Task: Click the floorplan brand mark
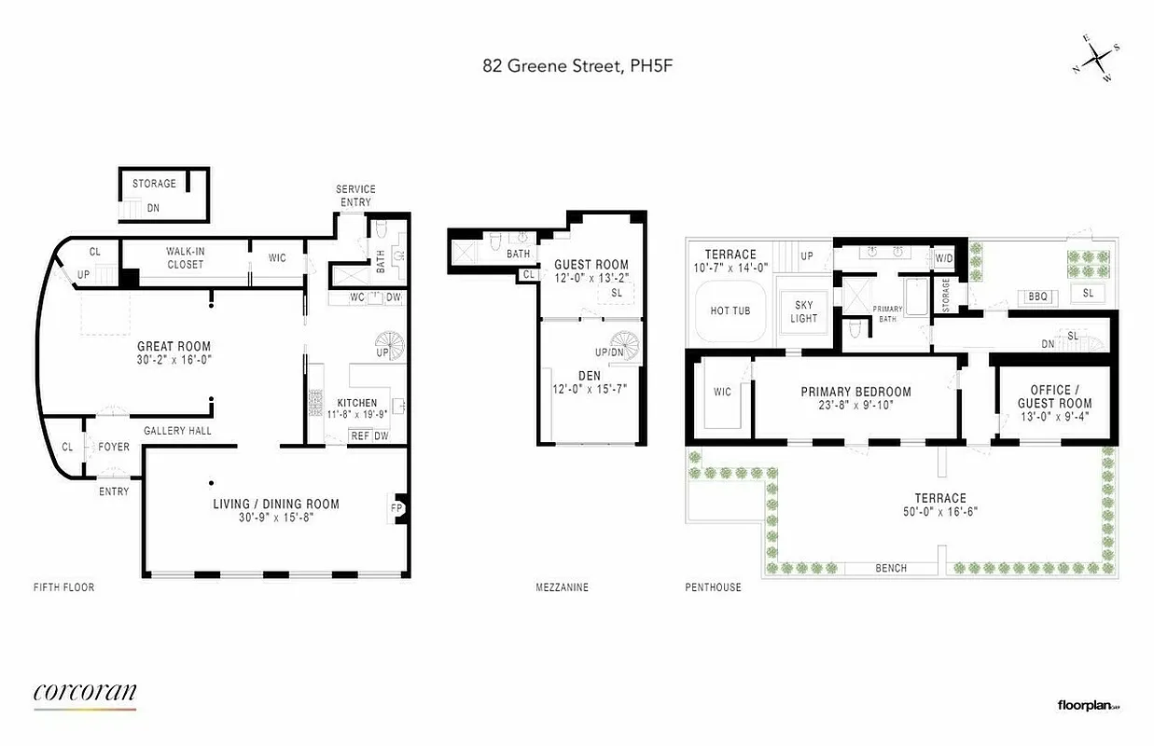click(x=1088, y=706)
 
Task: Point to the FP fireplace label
click(x=396, y=508)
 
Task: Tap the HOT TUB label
click(x=730, y=311)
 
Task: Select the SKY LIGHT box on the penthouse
click(x=804, y=311)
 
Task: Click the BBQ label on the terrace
click(x=1038, y=297)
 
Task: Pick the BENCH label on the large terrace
click(x=890, y=568)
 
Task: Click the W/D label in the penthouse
click(x=943, y=258)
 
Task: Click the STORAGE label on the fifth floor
click(x=154, y=184)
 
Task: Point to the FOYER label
click(x=114, y=448)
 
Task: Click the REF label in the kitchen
click(x=359, y=435)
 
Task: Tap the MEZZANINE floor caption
click(x=562, y=587)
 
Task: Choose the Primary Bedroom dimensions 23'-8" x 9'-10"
click(x=855, y=407)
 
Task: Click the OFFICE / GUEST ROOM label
click(x=1054, y=396)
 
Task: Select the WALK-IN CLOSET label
click(x=185, y=258)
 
